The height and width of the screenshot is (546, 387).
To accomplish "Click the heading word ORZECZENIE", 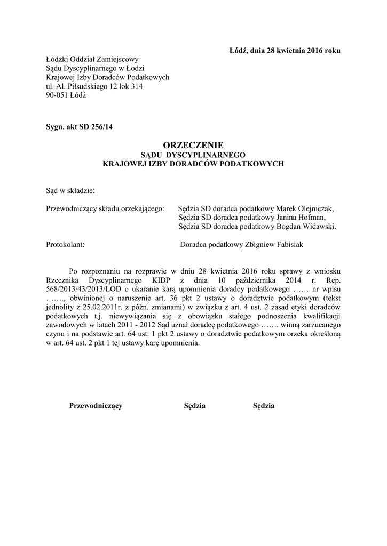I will tap(193, 144).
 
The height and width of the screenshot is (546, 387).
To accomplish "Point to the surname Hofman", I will tap(308, 218).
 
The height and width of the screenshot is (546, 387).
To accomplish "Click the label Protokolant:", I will tap(66, 245).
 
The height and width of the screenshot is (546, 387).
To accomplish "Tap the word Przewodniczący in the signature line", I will tap(96, 406).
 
